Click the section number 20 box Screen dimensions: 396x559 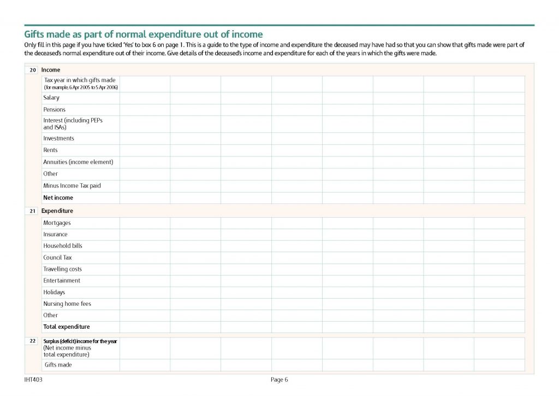(33, 70)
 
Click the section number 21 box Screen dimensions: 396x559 (33, 211)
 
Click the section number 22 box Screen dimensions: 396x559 (33, 341)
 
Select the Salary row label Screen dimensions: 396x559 (51, 98)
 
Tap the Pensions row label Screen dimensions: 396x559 (55, 109)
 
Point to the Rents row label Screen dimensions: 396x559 (50, 150)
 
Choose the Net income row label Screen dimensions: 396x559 (58, 197)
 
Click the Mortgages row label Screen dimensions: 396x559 (57, 223)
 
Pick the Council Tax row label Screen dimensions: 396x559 (57, 257)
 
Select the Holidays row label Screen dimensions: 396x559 (54, 292)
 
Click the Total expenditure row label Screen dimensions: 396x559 (66, 327)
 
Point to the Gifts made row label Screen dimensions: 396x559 (58, 365)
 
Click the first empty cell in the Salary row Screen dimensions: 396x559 (145, 98)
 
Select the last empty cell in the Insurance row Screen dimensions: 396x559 (499, 234)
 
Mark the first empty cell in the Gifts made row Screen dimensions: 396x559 (145, 365)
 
